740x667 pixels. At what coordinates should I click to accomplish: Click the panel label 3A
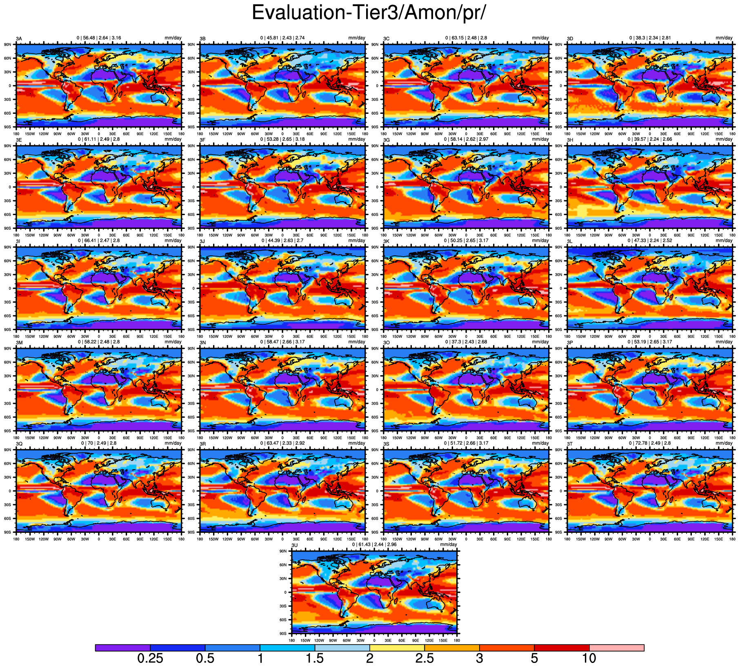19,39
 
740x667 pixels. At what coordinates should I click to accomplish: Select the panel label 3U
294,545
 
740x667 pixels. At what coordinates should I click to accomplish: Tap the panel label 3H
570,140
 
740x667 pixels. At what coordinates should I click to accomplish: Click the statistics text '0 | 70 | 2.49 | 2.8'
99,443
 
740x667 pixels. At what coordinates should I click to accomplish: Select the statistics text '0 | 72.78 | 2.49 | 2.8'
650,443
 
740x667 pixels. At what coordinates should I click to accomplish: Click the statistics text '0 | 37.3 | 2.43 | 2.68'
466,342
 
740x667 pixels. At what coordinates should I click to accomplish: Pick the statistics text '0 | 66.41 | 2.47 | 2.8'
99,240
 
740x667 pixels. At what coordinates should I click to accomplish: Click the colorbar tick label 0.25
150,658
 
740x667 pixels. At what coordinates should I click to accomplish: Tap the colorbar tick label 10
589,658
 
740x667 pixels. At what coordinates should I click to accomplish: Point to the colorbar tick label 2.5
424,658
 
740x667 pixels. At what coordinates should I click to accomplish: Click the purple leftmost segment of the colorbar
122,648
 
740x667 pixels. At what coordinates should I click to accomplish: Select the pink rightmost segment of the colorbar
617,648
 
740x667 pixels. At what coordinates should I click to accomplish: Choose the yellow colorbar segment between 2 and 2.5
397,648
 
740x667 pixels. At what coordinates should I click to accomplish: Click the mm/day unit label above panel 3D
724,38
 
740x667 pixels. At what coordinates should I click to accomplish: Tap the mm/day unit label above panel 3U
449,545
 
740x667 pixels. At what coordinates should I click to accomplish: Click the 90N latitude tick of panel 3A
8,44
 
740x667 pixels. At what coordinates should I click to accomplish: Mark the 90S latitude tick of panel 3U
283,634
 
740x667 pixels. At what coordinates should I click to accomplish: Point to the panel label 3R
202,444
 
